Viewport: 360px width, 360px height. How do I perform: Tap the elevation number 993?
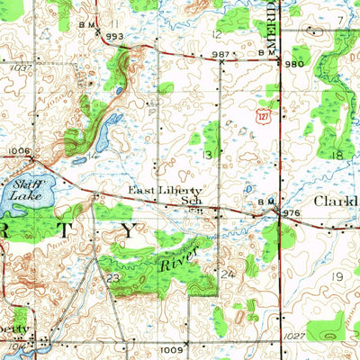point(114,36)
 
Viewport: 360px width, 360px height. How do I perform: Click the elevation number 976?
point(291,212)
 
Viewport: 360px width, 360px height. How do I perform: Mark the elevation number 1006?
point(18,151)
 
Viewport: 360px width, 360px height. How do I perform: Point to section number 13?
point(208,155)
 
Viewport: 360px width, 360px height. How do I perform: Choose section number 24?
point(229,273)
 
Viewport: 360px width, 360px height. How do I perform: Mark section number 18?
point(338,155)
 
